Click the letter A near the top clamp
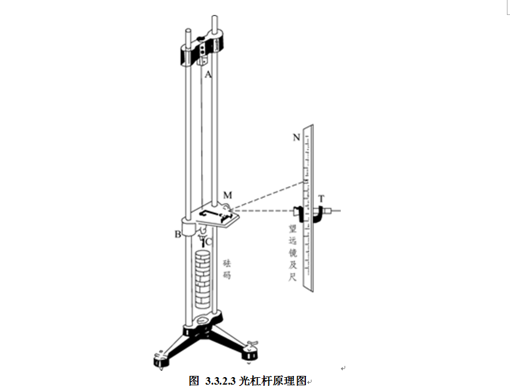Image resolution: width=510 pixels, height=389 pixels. pyautogui.click(x=209, y=74)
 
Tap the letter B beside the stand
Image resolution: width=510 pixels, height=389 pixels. pyautogui.click(x=178, y=234)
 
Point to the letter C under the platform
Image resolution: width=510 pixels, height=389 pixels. pyautogui.click(x=209, y=241)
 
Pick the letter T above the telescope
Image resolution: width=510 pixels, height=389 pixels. pyautogui.click(x=321, y=199)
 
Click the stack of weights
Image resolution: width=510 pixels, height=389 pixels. pyautogui.click(x=202, y=281)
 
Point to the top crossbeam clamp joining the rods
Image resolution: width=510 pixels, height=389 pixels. pyautogui.click(x=200, y=50)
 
